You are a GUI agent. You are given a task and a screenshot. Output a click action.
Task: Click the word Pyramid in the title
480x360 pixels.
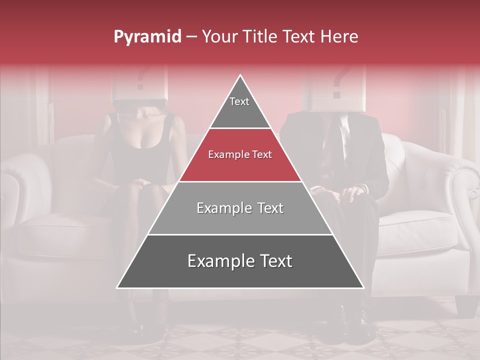[147, 37]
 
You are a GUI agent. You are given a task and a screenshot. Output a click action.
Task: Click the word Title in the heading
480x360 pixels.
[260, 36]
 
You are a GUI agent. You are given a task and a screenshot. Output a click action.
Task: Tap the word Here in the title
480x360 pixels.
[339, 36]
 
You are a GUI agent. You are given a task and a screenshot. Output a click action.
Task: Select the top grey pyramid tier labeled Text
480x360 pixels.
[239, 107]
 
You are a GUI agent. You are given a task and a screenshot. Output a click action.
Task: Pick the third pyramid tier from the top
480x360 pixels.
[240, 208]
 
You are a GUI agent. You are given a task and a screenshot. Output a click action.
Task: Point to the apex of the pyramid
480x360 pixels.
[240, 76]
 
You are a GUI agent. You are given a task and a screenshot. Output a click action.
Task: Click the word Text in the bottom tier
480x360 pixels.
[272, 261]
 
